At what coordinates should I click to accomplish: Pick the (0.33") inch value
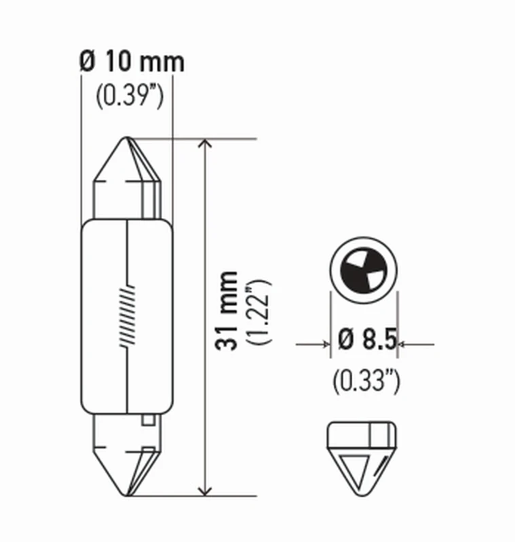tap(365, 381)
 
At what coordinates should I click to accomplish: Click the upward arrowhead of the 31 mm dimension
tap(205, 146)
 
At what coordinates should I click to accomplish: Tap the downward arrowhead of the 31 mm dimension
tap(205, 489)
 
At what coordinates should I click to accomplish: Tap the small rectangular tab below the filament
tap(147, 421)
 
